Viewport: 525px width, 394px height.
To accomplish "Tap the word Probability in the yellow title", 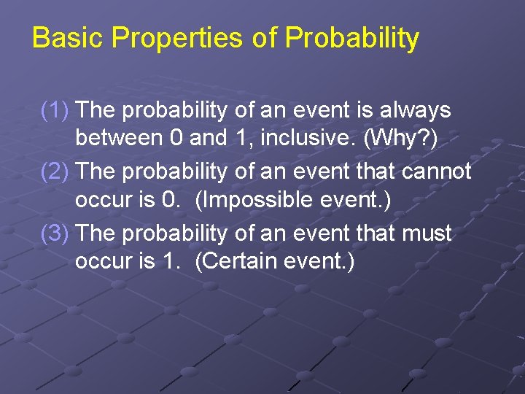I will pos(351,38).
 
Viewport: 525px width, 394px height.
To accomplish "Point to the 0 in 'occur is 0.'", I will pos(170,200).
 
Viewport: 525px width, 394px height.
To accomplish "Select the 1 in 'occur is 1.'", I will pos(170,261).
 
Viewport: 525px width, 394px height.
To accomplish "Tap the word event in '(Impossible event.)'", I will pos(353,200).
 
